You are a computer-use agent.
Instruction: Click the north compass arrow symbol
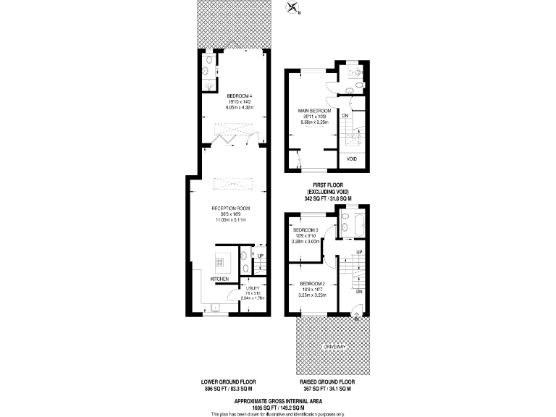(x=292, y=9)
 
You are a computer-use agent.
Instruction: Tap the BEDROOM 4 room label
(x=239, y=96)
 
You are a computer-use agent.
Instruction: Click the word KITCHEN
(x=220, y=279)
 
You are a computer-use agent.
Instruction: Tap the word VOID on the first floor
(x=352, y=159)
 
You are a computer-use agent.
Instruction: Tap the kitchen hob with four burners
(x=219, y=260)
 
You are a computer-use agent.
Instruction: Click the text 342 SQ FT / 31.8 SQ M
(x=327, y=198)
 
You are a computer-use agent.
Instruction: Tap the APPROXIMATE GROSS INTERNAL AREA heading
(x=278, y=400)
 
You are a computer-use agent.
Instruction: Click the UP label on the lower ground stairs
(x=258, y=254)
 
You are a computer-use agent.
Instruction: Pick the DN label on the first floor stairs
(x=345, y=116)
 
